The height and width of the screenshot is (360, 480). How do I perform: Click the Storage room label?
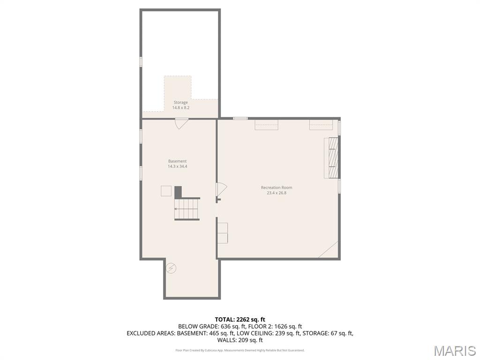[x=180, y=103]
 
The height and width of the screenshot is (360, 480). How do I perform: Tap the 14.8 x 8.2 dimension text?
[x=180, y=108]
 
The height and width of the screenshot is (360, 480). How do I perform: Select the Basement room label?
[x=177, y=161]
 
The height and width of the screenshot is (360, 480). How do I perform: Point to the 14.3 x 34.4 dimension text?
[x=177, y=166]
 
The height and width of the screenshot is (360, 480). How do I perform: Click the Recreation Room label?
[x=277, y=187]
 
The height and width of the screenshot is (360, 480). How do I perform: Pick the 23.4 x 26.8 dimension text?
[x=277, y=193]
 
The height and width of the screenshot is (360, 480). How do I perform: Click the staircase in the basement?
[x=187, y=209]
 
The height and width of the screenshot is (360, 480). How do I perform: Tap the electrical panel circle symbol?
[x=171, y=269]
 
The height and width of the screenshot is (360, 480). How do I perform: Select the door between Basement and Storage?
[x=181, y=123]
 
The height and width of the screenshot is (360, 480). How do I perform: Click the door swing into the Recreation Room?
[x=222, y=189]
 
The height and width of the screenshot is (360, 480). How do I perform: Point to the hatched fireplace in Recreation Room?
[x=333, y=157]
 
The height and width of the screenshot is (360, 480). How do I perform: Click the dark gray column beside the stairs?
[x=178, y=192]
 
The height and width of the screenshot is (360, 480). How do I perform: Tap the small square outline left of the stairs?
[x=166, y=191]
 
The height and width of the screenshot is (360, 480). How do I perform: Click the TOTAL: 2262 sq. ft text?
[x=240, y=320]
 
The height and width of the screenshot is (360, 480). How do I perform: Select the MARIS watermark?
[x=455, y=351]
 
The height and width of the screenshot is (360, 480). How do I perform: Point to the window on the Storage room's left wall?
[x=141, y=61]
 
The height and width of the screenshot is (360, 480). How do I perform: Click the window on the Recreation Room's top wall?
[x=240, y=119]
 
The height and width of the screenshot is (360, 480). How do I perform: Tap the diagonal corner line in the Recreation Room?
[x=328, y=249]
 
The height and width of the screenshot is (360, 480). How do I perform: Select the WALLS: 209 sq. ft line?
[x=240, y=340]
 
